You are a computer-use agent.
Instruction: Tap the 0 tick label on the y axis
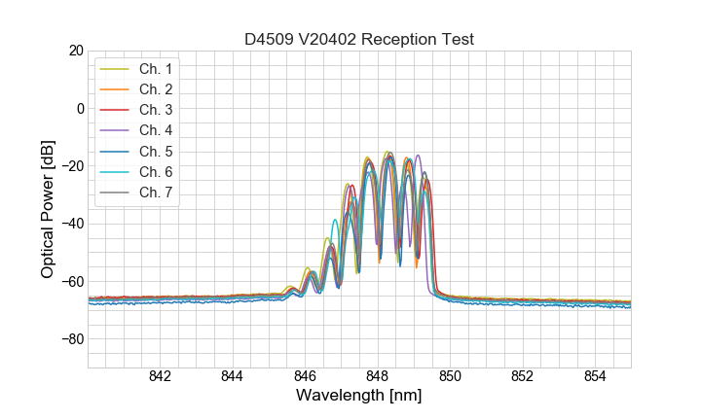click(x=80, y=108)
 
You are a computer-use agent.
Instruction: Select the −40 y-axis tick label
click(x=72, y=224)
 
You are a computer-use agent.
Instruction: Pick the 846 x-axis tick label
click(x=305, y=377)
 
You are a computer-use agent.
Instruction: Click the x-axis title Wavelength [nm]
click(x=359, y=397)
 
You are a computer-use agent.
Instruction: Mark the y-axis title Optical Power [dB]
click(x=48, y=209)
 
